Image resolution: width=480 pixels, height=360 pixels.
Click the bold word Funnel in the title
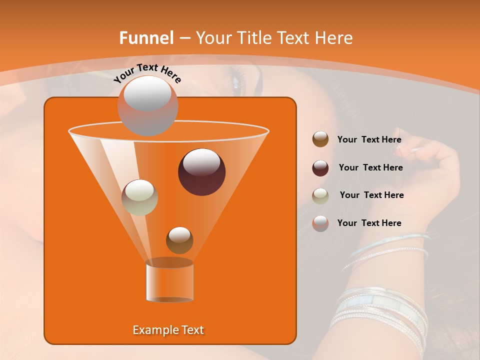click(146, 38)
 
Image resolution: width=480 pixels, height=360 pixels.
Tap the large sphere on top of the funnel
click(147, 105)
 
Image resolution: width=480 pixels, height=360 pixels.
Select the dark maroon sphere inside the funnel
click(201, 172)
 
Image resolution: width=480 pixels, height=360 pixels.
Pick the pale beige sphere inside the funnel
click(139, 197)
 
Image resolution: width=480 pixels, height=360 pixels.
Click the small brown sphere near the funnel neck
click(179, 240)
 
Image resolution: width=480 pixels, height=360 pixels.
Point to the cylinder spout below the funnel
click(169, 280)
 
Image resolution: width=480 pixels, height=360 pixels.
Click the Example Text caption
click(168, 330)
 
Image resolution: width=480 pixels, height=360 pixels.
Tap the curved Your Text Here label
click(147, 73)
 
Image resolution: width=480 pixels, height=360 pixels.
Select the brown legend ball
click(320, 139)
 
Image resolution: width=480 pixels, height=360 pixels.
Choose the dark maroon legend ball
click(320, 168)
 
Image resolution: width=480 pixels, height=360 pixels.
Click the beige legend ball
click(320, 196)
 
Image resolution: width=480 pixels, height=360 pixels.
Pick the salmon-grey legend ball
click(320, 223)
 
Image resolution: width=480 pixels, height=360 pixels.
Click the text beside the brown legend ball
click(369, 140)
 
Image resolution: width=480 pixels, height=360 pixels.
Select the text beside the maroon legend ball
click(370, 168)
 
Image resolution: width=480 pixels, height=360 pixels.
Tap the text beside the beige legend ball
click(371, 195)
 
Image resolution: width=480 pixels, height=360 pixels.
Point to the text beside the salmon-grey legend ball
click(369, 223)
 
